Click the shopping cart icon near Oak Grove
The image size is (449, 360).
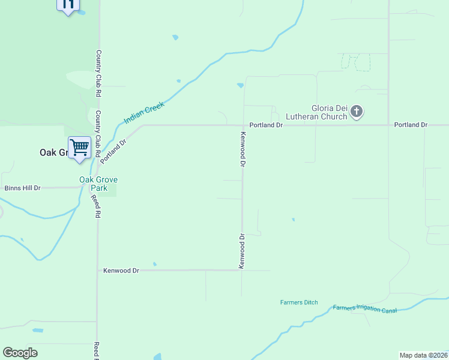pos(79,147)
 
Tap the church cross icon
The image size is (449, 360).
pos(357,111)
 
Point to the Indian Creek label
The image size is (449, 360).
pos(143,113)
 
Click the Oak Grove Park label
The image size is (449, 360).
pos(98,184)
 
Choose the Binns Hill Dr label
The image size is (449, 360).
pos(22,188)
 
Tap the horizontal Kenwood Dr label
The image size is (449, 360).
pos(121,271)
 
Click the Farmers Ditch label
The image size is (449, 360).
pos(299,302)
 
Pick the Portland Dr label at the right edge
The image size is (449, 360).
pos(411,125)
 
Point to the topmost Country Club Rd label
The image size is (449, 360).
pos(98,73)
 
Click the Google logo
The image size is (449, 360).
pos(20,353)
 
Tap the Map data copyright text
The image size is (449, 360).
pos(423,355)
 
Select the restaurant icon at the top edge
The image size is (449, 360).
pos(68,5)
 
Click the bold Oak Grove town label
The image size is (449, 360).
pos(53,152)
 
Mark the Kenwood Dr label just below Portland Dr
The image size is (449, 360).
pos(243,149)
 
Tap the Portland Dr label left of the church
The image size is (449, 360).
pos(266,125)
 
